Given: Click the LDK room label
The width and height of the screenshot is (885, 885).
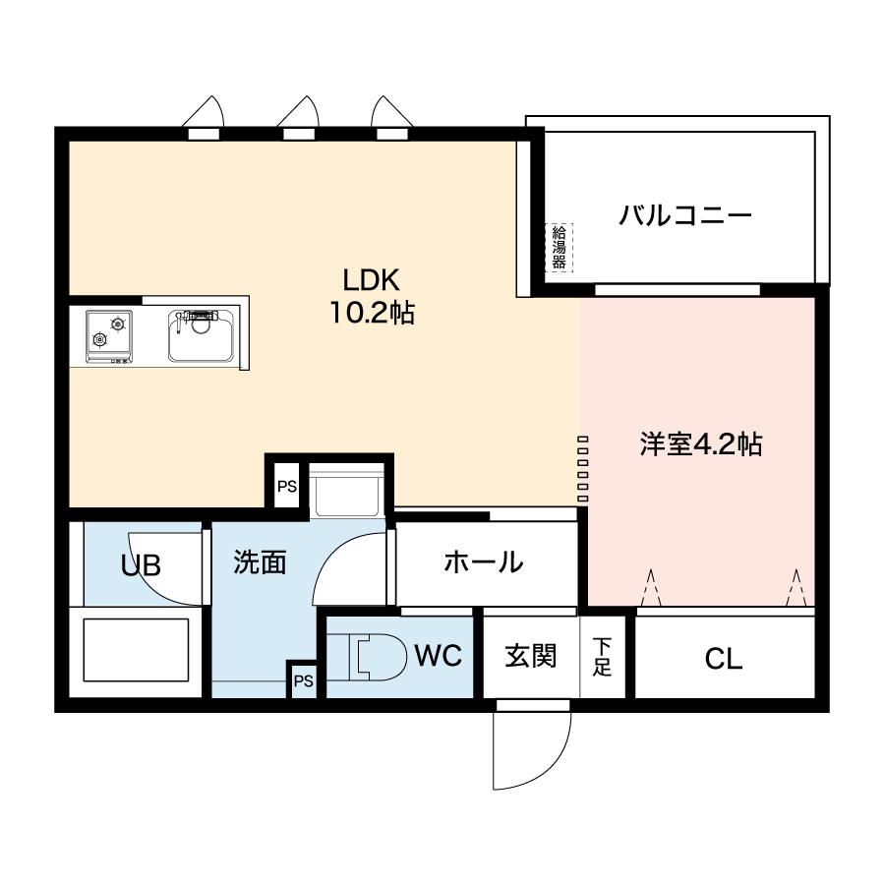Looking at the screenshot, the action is click(x=372, y=280).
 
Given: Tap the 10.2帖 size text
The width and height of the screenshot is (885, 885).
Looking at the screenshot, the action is click(x=372, y=313).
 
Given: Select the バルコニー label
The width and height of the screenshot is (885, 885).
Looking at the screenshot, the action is click(x=685, y=215).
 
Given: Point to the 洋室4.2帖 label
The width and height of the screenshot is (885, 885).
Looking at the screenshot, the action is click(x=701, y=444).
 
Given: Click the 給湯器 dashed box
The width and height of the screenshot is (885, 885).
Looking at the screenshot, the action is click(x=559, y=247).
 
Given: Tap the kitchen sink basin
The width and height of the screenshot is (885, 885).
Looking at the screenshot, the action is click(x=201, y=335).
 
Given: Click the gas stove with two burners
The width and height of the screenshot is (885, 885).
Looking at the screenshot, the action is click(x=109, y=336).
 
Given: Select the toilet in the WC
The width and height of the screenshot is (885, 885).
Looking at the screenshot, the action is click(x=377, y=657).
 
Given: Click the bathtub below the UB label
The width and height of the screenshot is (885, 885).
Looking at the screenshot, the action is click(x=136, y=650).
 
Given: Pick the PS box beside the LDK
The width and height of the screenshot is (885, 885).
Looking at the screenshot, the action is click(x=287, y=486).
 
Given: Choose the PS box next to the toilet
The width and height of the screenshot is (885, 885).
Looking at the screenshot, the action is click(x=304, y=681).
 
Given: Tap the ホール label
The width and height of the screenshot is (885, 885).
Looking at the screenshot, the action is click(x=484, y=562).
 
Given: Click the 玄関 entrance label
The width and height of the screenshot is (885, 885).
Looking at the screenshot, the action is click(x=531, y=657).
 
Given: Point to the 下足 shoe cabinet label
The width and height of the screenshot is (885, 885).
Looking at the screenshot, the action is click(x=602, y=657).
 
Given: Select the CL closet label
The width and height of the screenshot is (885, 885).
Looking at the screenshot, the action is click(x=724, y=659).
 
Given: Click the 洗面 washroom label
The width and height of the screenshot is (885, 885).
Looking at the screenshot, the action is click(x=260, y=562).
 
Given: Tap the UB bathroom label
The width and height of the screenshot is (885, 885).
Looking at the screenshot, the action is click(x=141, y=565).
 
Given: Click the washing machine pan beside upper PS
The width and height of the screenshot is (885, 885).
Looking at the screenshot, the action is click(x=346, y=489).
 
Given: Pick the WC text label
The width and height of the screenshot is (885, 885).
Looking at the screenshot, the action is click(x=439, y=655).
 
